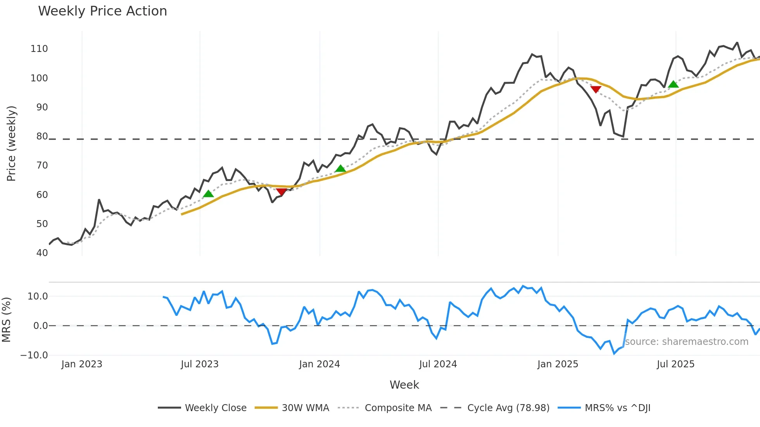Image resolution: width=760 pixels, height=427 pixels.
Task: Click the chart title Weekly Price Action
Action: click(102, 11)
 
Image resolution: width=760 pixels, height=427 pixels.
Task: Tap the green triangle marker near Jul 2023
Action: click(208, 194)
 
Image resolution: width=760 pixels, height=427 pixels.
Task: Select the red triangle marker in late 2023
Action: click(282, 192)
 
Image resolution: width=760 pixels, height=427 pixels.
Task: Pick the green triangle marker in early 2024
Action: click(340, 169)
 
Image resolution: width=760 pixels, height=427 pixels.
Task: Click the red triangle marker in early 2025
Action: click(596, 90)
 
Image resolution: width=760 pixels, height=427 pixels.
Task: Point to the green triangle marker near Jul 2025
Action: click(674, 84)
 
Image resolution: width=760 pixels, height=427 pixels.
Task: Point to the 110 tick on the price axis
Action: click(39, 49)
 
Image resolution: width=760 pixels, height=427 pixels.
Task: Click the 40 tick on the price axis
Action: click(42, 253)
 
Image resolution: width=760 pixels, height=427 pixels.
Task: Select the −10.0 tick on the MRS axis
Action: click(34, 355)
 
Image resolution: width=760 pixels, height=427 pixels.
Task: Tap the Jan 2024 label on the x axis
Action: click(320, 364)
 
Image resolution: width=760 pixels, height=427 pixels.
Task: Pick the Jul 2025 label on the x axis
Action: click(675, 364)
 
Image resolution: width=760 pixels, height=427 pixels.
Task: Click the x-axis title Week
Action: click(404, 385)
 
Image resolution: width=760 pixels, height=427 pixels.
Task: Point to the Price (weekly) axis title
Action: click(11, 143)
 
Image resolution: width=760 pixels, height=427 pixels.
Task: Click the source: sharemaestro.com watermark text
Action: click(687, 342)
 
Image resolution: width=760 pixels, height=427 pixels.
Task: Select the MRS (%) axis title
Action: click(6, 320)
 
